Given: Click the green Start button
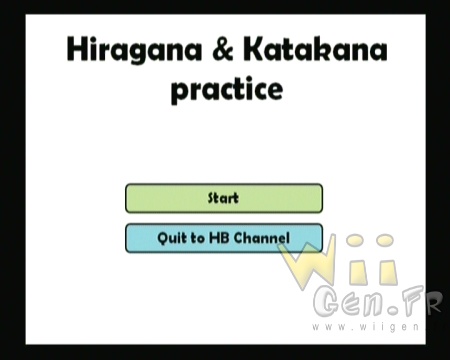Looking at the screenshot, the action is [x=224, y=198].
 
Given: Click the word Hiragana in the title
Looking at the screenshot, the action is [x=135, y=51].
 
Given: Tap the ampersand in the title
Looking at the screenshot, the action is [x=223, y=49].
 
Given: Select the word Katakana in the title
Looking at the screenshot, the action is [x=315, y=49].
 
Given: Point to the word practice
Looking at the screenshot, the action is [x=227, y=89].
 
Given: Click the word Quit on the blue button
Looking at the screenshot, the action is [x=172, y=238].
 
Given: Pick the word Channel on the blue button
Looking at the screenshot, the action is [x=261, y=238].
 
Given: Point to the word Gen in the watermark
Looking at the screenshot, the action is [x=349, y=302].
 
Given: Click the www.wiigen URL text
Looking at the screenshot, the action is [x=365, y=327].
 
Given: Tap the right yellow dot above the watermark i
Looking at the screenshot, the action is [x=385, y=240].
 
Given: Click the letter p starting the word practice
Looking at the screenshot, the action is [x=180, y=92].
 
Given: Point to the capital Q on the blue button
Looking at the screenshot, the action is [x=163, y=239].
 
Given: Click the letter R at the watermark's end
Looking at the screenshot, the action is [x=433, y=302].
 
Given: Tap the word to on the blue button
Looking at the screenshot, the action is [x=198, y=238].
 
